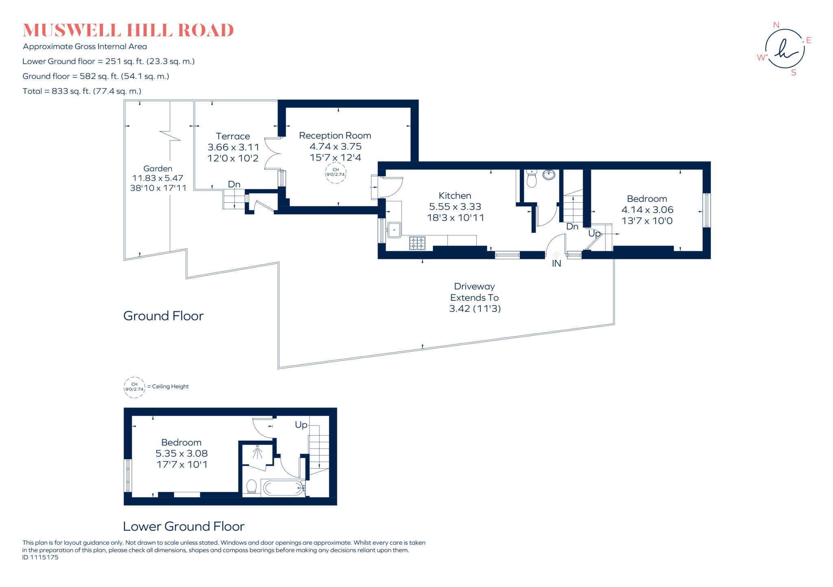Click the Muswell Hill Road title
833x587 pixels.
coord(128,31)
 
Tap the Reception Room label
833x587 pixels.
coord(335,136)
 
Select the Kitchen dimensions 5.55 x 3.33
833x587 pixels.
coord(455,207)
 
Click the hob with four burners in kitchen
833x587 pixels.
coord(417,243)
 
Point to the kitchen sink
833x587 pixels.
coord(394,230)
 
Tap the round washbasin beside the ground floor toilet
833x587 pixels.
coord(549,175)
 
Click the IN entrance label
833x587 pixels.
coord(556,264)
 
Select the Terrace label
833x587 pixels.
coord(233,136)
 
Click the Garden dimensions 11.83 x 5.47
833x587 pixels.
coord(158,178)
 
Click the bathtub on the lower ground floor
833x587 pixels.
coord(283,488)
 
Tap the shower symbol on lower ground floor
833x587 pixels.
coord(257,452)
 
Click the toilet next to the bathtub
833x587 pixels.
coord(251,486)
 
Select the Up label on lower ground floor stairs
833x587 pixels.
coord(301,425)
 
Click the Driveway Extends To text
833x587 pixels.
coord(474,292)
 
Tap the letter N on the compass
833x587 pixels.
coord(776,25)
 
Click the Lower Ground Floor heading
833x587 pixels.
coord(183,526)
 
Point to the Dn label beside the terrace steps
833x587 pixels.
coord(234,184)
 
